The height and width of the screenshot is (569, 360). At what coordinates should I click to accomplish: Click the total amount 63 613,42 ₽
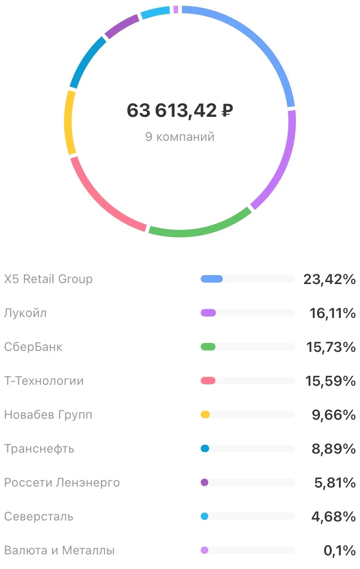click(180, 111)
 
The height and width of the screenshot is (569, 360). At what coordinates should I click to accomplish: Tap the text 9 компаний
click(180, 137)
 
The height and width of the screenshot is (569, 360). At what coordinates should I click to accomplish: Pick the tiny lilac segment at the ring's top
click(176, 9)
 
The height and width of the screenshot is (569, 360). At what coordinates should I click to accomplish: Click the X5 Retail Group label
click(48, 279)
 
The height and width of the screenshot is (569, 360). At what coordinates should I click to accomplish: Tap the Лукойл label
click(25, 313)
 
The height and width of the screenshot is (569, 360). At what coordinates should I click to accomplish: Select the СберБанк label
click(33, 347)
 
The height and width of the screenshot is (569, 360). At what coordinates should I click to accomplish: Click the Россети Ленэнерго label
click(62, 482)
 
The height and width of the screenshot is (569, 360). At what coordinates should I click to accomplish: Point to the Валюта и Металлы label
click(59, 550)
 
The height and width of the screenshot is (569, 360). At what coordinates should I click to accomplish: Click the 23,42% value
click(329, 279)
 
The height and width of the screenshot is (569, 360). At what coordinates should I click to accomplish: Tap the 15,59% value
click(330, 381)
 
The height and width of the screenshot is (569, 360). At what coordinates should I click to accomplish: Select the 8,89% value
click(334, 448)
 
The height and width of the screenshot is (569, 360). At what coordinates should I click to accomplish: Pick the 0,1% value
click(340, 551)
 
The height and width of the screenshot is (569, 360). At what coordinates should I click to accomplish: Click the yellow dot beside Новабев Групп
click(205, 415)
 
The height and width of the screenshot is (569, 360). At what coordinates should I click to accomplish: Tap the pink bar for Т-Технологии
click(208, 381)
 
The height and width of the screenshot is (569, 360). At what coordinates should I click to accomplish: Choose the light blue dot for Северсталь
click(205, 516)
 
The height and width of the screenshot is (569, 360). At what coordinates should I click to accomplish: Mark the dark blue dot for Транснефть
click(205, 448)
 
